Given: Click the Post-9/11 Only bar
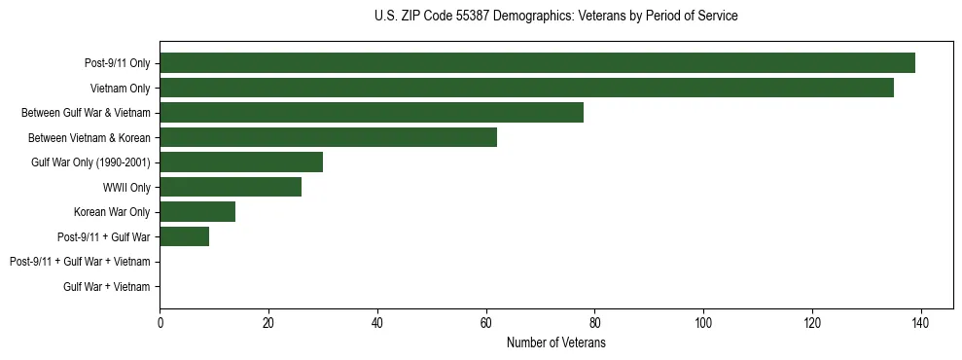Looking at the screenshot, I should pos(537,63).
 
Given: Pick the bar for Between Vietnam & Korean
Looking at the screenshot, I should pos(328,137).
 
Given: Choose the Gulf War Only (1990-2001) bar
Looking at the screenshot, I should pos(241,162).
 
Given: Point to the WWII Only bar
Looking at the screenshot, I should pos(231,187).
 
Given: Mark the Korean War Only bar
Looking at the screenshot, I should pos(197,212).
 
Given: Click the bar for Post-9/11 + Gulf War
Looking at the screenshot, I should pos(184,236).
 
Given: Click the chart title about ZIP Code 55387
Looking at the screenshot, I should pos(555,17).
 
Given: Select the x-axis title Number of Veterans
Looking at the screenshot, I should pos(555,343).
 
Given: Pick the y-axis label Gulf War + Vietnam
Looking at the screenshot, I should pos(107,287).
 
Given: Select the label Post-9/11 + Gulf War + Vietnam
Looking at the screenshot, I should pos(80,262).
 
